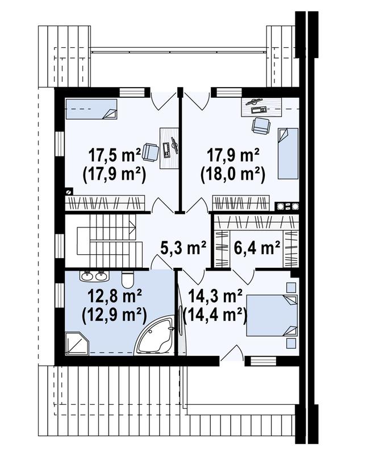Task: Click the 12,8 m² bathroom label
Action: pos(115,295)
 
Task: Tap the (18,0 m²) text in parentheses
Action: pos(233,173)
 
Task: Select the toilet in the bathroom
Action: pos(127,279)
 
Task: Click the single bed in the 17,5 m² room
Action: pos(91,108)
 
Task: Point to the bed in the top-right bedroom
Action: pos(287,153)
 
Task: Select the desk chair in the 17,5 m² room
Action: pos(150,151)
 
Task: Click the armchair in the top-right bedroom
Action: pos(260,126)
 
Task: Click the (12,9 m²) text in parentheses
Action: pos(115,314)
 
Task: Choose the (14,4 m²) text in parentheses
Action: pos(216,313)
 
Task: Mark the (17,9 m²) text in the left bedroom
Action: pos(115,173)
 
